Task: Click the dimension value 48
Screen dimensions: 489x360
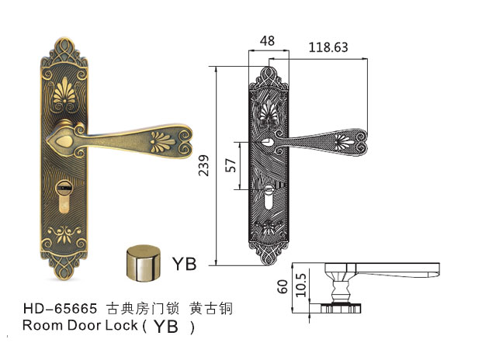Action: pyautogui.click(x=267, y=41)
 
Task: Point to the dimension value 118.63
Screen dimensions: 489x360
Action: pyautogui.click(x=328, y=47)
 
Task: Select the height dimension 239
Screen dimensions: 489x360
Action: pyautogui.click(x=203, y=165)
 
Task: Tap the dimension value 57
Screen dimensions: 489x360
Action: pyautogui.click(x=231, y=165)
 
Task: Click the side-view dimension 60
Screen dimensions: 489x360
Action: pyautogui.click(x=283, y=286)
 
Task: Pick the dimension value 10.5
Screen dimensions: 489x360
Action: pyautogui.click(x=301, y=285)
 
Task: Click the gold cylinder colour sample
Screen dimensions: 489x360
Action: pyautogui.click(x=144, y=263)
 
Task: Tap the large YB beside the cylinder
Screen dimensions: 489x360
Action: pyautogui.click(x=185, y=264)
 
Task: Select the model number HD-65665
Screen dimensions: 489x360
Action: pyautogui.click(x=61, y=309)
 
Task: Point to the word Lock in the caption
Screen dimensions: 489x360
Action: pyautogui.click(x=120, y=325)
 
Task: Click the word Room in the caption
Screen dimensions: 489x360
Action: pyautogui.click(x=43, y=325)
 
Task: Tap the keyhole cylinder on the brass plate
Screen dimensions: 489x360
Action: pyautogui.click(x=64, y=196)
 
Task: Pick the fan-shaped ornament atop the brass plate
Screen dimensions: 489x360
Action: pyautogui.click(x=64, y=91)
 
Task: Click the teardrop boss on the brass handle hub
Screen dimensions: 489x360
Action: pyautogui.click(x=64, y=142)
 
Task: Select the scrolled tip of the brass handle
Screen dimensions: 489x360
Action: pyautogui.click(x=185, y=142)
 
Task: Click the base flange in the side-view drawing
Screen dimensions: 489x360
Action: pyautogui.click(x=341, y=308)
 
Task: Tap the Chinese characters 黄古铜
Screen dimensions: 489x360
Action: pyautogui.click(x=211, y=309)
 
